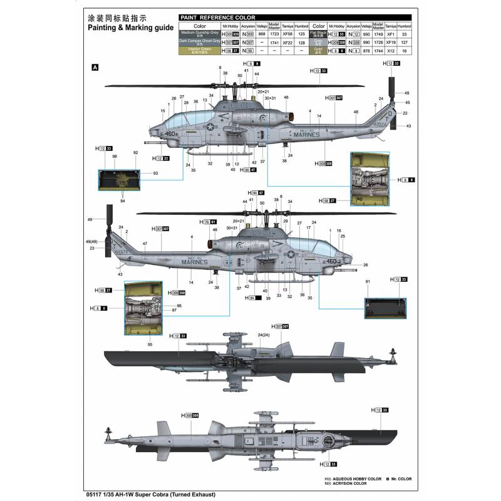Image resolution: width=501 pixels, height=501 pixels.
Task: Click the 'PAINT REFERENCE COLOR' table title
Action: [215, 18]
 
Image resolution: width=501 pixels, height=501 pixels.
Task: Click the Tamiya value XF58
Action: [287, 33]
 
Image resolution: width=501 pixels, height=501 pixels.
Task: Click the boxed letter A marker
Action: [95, 67]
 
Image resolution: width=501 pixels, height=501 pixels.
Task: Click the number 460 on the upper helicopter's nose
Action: [171, 133]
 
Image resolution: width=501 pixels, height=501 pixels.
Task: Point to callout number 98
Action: [115, 156]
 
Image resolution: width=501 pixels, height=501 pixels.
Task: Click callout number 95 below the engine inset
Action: [150, 344]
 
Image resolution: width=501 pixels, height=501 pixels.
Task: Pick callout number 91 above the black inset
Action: [368, 282]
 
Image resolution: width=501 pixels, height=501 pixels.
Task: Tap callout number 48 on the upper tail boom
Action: [356, 112]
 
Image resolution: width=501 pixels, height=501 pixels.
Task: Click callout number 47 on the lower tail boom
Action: [145, 244]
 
